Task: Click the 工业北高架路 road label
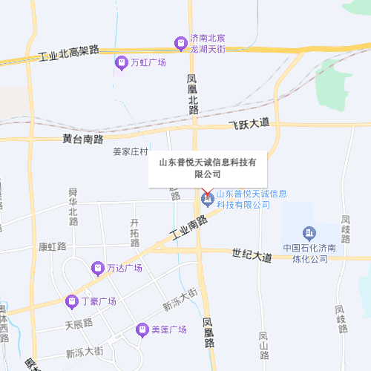pos(68,53)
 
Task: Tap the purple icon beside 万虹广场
pos(121,63)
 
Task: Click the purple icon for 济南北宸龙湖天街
pos(179,42)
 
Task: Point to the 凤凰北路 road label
pos(194,93)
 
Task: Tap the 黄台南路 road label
pos(83,139)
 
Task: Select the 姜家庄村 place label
pos(131,151)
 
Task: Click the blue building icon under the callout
pos(207,200)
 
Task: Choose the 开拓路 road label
pos(135,233)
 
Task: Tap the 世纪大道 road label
pos(252,255)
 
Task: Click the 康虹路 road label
pos(53,246)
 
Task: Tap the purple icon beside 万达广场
pos(97,267)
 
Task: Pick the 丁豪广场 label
pos(99,301)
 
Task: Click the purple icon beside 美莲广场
pos(142,329)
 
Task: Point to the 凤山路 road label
pos(263,347)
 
